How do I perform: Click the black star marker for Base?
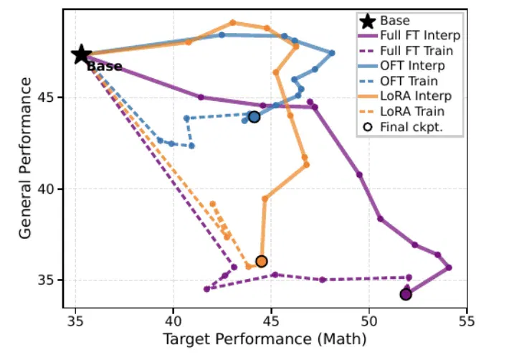(81, 55)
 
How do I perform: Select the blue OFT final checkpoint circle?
(255, 117)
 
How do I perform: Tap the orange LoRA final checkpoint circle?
(262, 261)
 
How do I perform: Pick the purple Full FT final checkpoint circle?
(406, 295)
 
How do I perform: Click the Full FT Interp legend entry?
(409, 35)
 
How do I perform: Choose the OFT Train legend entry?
(398, 81)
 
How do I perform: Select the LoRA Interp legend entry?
(405, 96)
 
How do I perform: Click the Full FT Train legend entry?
(406, 51)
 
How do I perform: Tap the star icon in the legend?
(368, 21)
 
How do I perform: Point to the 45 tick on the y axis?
(48, 98)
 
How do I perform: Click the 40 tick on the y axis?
(48, 189)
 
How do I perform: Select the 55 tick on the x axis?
(467, 321)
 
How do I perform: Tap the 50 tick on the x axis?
(369, 321)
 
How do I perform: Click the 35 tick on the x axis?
(75, 321)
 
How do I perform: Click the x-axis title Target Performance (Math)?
(265, 339)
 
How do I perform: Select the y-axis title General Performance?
(25, 158)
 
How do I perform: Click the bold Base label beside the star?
(105, 67)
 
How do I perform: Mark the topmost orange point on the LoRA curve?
(232, 23)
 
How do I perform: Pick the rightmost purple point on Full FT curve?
(449, 267)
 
